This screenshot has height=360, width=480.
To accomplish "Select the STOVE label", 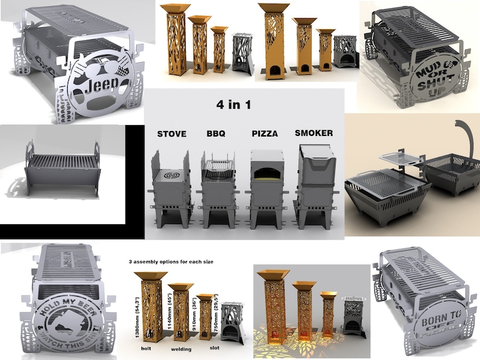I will [x=171, y=133].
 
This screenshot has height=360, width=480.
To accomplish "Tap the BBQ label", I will [x=215, y=133].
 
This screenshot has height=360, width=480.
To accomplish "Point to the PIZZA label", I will [x=264, y=133].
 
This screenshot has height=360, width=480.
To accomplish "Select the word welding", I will [x=180, y=349].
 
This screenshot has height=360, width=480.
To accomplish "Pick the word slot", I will [x=215, y=348].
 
